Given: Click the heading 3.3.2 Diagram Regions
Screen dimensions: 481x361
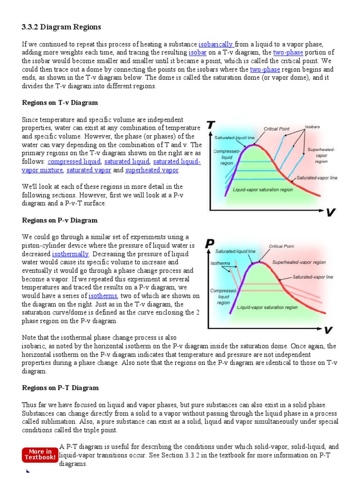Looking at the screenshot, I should coord(61,27).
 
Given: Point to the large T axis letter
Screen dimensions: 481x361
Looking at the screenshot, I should coord(211,126).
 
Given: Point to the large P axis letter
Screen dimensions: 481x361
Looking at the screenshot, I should coord(211,243).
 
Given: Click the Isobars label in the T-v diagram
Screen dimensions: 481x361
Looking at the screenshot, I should coord(312,127).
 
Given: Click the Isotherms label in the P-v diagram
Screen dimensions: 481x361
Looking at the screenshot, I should coord(220,263).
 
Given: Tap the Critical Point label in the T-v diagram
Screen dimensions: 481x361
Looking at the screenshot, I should coord(276,128).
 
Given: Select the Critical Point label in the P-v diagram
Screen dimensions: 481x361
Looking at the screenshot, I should coord(282,246).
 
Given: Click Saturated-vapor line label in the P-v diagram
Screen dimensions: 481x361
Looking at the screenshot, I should coord(313,277).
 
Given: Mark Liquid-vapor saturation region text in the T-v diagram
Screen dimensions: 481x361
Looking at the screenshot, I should coord(263,190).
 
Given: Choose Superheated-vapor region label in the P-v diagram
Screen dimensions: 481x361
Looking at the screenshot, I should coord(299,263).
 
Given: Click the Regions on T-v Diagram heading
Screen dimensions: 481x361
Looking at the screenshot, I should coord(60,102).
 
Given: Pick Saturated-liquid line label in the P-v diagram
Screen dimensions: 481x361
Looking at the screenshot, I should coord(235,251).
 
